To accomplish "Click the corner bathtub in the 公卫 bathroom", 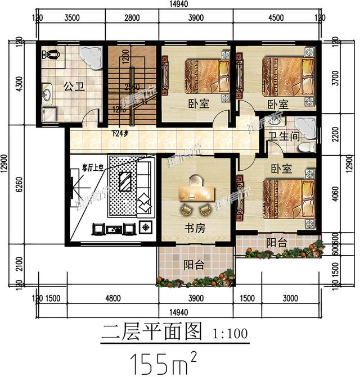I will pos(90,57).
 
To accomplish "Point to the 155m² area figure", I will pos(164,361).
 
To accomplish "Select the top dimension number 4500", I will pos(277,17).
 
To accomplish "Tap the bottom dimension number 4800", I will pos(115,298).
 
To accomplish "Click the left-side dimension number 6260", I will pos(20,184).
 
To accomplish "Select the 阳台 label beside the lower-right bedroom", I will pos(276,242).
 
